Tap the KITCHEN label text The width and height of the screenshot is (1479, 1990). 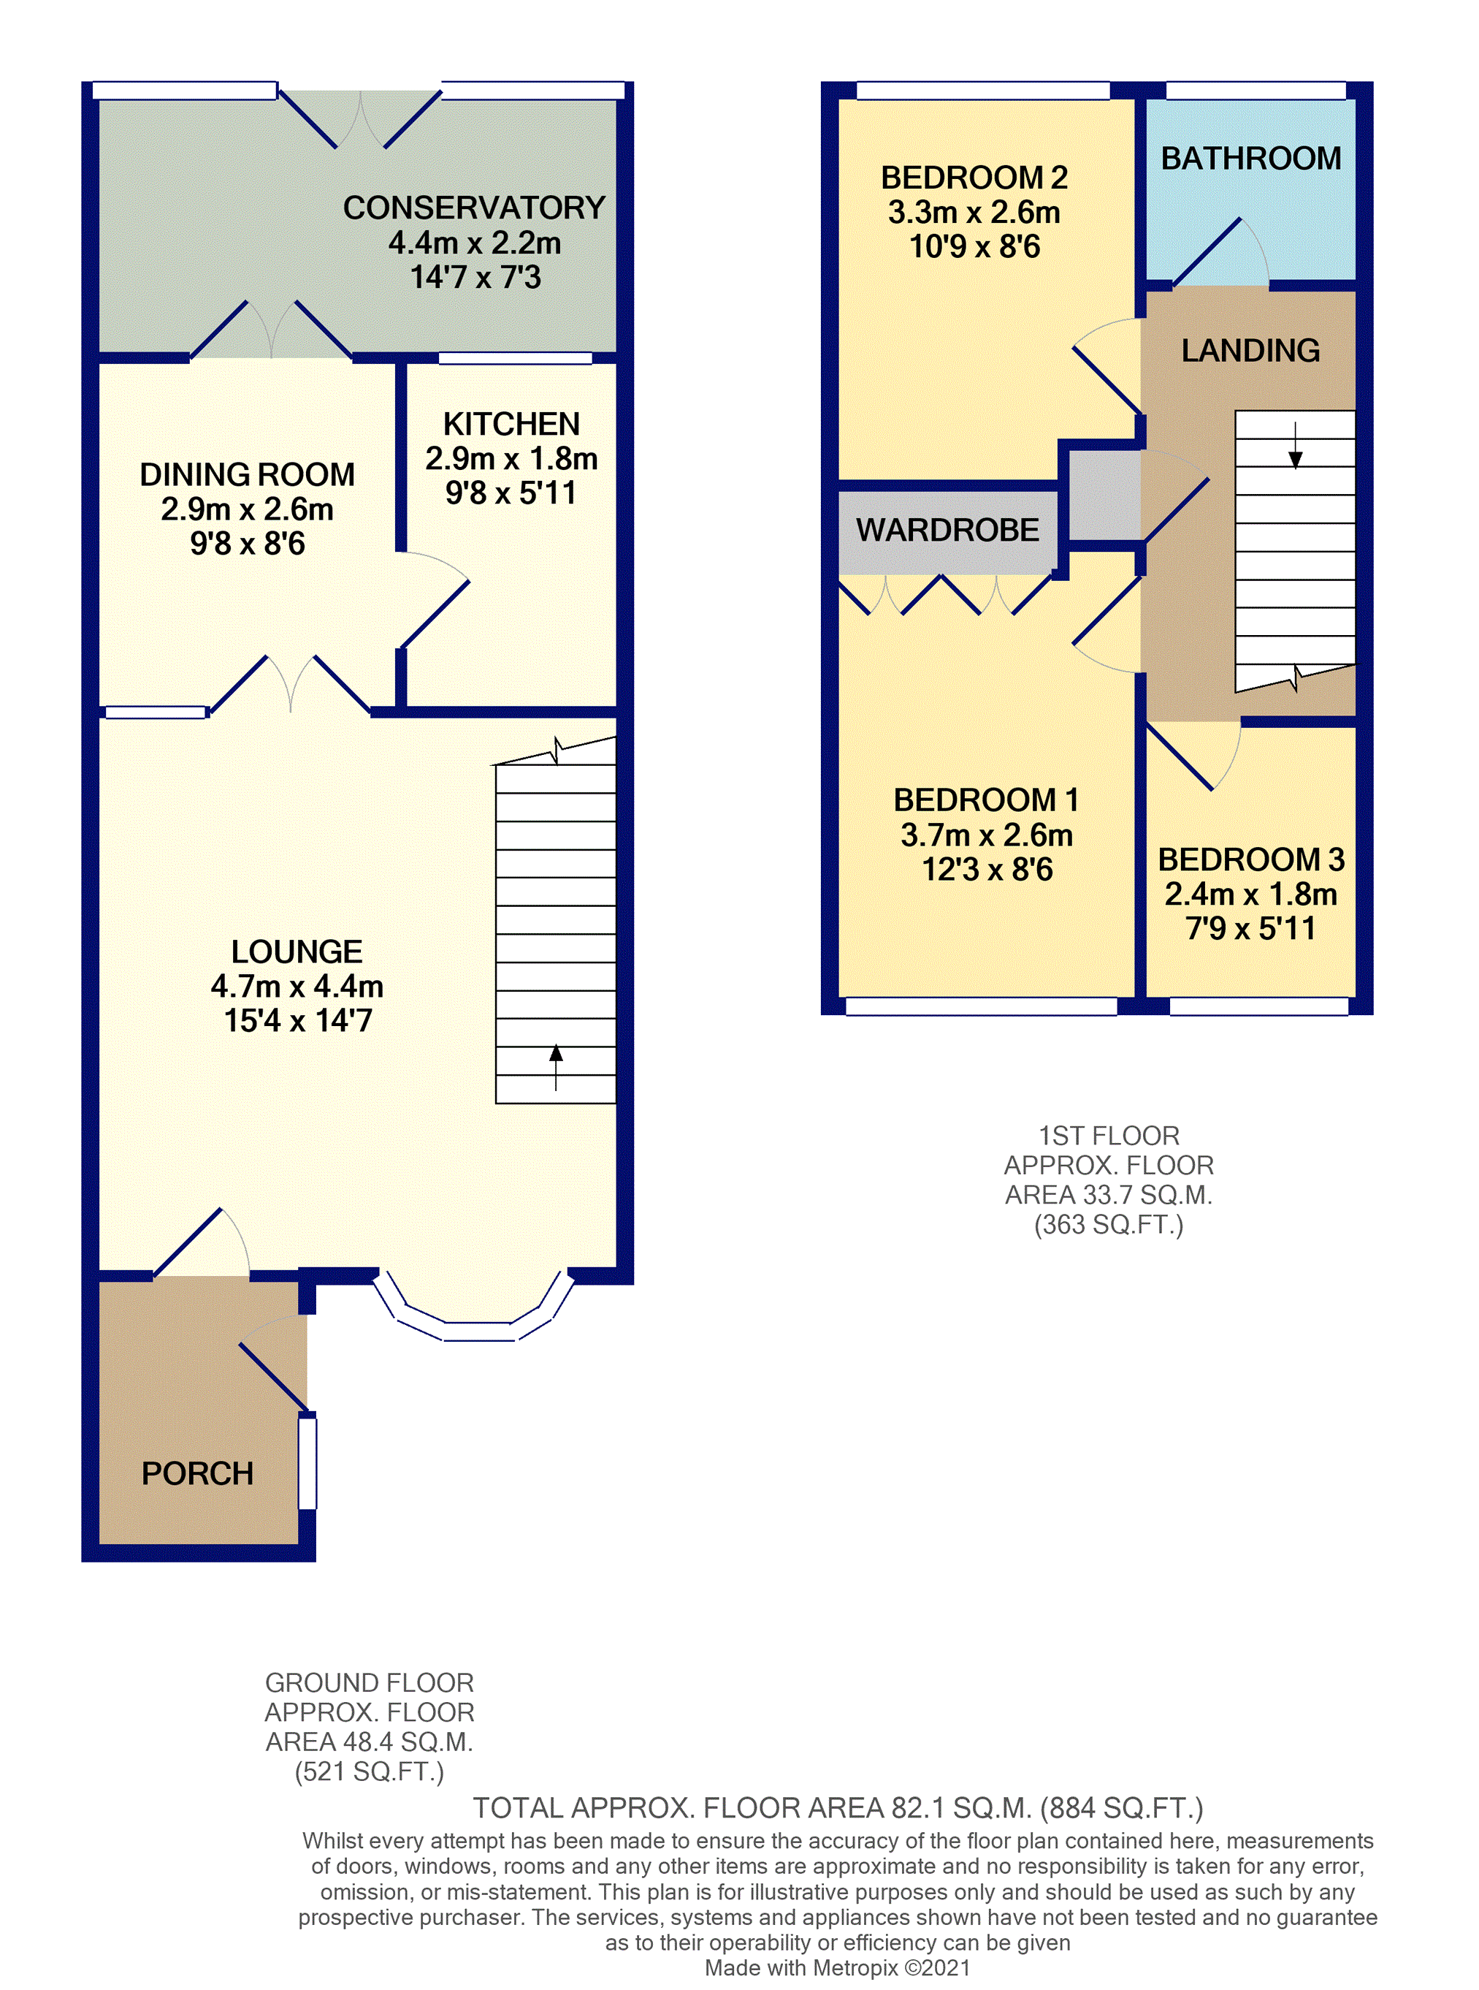coord(511,424)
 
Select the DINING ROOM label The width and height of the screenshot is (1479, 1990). coord(247,475)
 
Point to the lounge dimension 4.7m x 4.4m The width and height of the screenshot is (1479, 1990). coord(297,986)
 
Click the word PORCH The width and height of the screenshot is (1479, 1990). coord(197,1473)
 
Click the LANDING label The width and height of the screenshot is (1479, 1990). coord(1250,350)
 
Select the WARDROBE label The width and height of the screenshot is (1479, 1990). coord(947,530)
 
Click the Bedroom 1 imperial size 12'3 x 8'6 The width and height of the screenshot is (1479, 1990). coord(987,870)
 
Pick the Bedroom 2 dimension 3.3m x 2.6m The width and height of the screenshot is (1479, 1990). coord(974,212)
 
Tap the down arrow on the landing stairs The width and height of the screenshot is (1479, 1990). coord(1294,445)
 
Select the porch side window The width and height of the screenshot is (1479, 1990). coord(307,1462)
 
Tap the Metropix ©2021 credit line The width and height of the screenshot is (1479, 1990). coord(837,1967)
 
